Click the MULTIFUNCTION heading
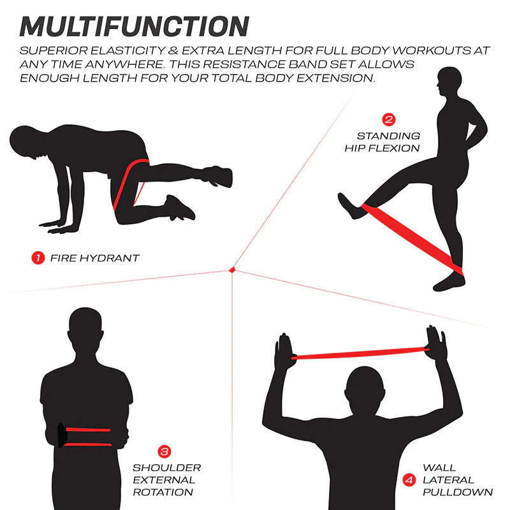135,26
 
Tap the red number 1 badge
38,258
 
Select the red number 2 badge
389,119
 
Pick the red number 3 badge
164,451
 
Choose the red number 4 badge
409,480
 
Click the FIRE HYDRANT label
95,258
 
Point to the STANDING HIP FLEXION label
382,142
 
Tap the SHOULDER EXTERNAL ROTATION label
166,480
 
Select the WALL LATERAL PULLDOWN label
458,480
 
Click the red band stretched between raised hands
360,353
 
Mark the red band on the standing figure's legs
412,240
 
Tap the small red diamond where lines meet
232,270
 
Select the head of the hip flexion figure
449,82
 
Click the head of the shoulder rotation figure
85,328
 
